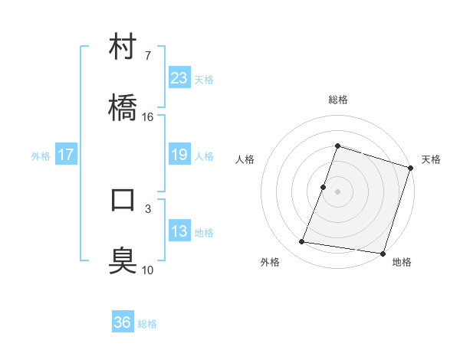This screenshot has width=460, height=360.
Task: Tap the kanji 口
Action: point(123,200)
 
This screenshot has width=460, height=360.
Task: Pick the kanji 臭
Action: point(123,260)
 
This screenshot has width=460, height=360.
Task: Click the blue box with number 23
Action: point(179,78)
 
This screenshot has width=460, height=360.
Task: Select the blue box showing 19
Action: point(179,155)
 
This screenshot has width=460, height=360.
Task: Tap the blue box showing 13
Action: point(179,231)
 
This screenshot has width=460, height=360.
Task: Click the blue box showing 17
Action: point(66,155)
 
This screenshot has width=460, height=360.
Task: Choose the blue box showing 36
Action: point(123,322)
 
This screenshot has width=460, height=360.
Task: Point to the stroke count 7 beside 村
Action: point(148,56)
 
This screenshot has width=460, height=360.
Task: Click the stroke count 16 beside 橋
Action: point(148,117)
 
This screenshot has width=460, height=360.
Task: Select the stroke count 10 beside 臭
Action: point(148,270)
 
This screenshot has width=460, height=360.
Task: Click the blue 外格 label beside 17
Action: point(41,156)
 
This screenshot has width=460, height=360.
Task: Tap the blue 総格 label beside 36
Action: point(147,324)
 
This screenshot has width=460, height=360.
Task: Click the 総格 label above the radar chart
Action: point(337,100)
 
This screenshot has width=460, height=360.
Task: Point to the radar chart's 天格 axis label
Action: point(431,159)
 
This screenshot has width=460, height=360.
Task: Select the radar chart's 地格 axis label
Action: point(402,262)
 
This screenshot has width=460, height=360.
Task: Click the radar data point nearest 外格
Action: point(302,242)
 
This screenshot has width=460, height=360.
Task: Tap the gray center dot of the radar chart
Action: point(337,191)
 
